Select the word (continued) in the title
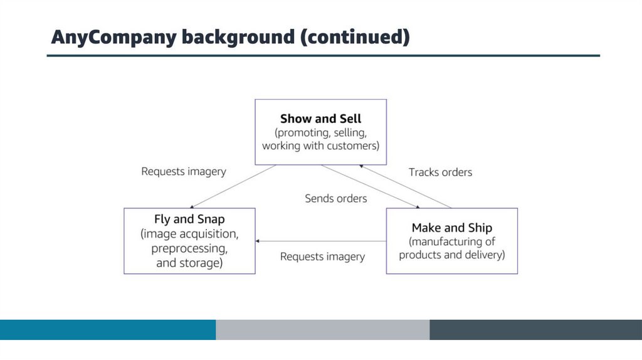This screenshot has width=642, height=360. pos(355,37)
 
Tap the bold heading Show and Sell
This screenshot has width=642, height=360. pos(320,119)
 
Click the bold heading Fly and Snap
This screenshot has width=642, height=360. pos(189,220)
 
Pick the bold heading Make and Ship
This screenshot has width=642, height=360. pos(451,228)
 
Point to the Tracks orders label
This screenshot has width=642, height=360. pos(440,172)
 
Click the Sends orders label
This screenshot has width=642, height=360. pos(336,198)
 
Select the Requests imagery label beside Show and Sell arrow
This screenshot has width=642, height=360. pos(184,171)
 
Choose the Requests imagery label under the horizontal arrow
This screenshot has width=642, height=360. pos(322,257)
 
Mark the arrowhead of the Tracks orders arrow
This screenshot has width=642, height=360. pos(362,167)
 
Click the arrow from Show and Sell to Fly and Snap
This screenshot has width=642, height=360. pos(232,186)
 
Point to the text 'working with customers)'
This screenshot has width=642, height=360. pos(320,146)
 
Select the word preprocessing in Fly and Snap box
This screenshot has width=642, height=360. pos(189,249)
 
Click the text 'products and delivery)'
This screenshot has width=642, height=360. pos(451,255)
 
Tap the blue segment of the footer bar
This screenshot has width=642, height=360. pos(108,330)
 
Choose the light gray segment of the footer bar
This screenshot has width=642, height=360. pos(322,330)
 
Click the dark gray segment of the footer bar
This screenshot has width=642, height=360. pos(535,330)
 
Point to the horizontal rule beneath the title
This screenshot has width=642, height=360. pos(323,56)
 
